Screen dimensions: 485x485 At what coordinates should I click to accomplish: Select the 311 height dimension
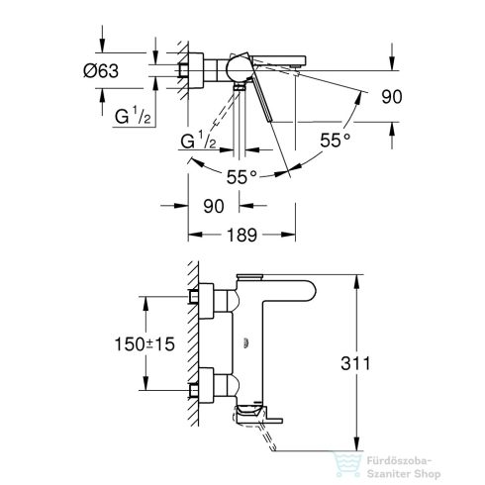point(370,363)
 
